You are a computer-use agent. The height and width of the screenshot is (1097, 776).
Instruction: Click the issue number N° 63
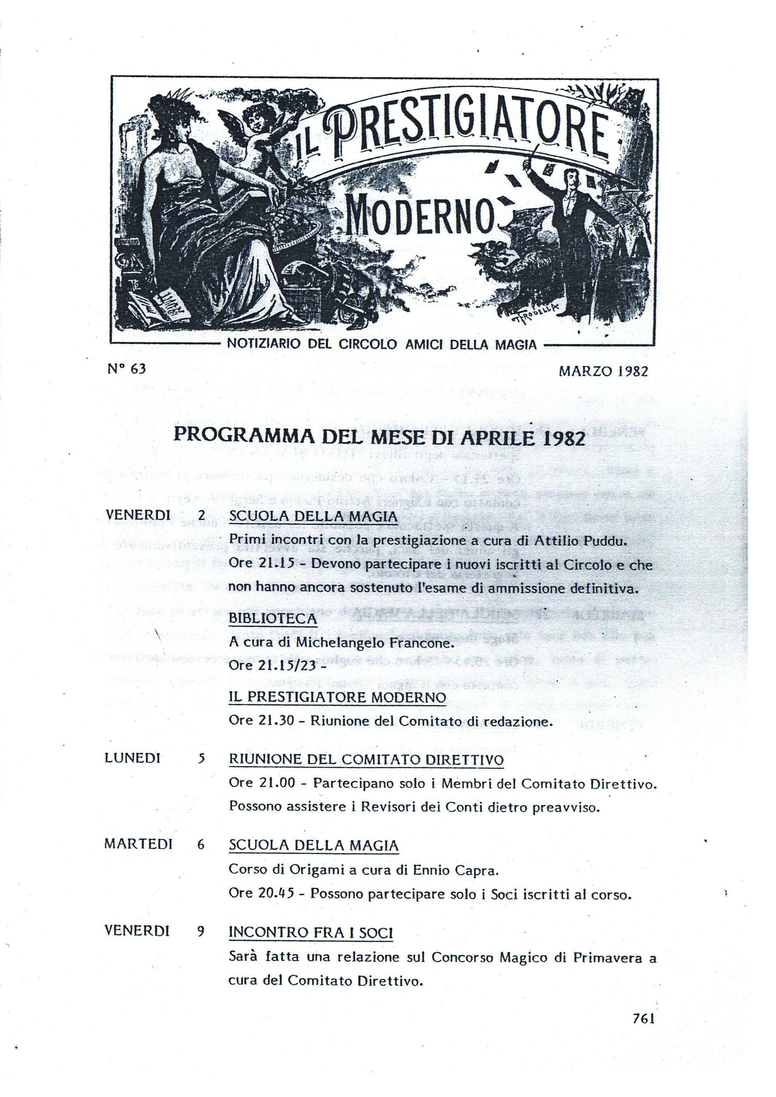(126, 369)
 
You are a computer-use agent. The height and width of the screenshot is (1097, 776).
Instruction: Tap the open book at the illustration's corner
(158, 306)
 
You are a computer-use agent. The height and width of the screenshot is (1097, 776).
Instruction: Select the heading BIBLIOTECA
(272, 619)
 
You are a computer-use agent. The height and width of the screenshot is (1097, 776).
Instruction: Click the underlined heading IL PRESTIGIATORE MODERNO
(337, 697)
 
